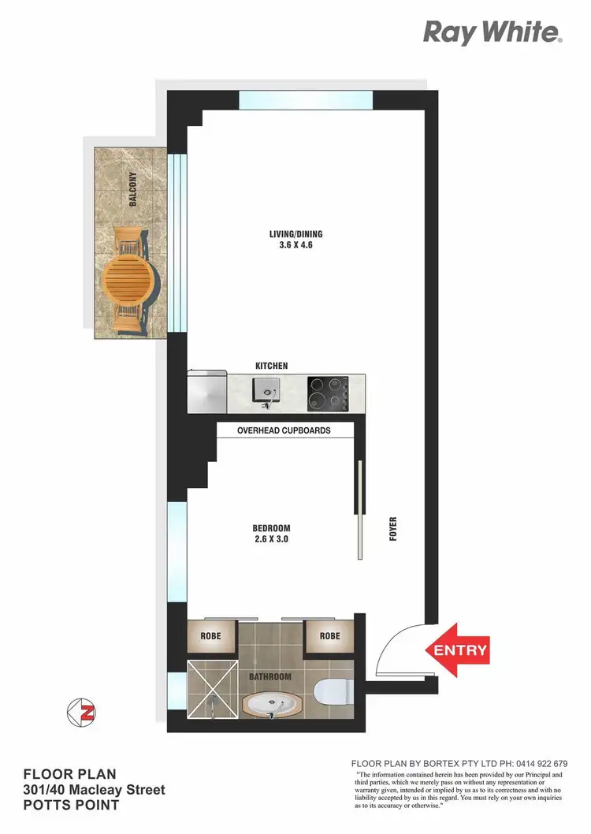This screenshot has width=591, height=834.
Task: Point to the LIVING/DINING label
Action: [296, 233]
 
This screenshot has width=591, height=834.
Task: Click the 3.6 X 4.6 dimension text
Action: [296, 245]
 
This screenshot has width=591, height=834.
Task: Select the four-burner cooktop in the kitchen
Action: [329, 392]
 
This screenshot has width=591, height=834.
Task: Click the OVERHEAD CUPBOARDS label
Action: [284, 430]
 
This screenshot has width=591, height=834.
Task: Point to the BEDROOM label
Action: [272, 528]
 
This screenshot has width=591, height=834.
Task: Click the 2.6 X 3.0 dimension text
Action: [272, 540]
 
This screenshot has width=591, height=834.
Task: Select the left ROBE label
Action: [210, 635]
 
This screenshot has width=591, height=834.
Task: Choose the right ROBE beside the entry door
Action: [329, 635]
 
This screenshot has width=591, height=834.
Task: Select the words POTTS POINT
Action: [71, 806]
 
